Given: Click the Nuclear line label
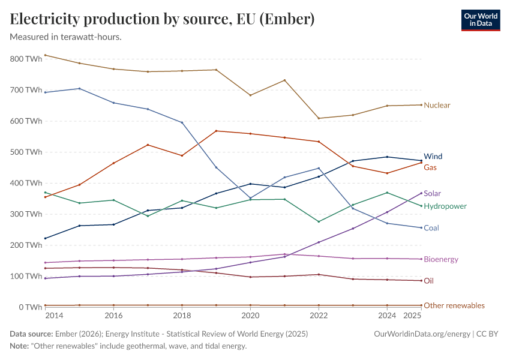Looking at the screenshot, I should pos(437,105).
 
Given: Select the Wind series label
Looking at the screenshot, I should pos(433,157).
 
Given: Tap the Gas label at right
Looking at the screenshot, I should pos(430,167).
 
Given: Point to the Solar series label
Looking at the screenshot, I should pos(433,194).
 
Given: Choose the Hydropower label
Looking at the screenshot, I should pos(445,206).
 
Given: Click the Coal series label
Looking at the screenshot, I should pos(431,228).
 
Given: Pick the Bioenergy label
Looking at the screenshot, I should pos(441,259).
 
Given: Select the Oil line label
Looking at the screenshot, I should pos(428,281).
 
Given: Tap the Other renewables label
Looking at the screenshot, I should pos(454,305).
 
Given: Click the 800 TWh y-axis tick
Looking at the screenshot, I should pos(26,59).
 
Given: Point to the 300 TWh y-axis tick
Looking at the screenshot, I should pos(26,214).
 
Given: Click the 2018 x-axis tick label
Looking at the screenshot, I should pos(182,316).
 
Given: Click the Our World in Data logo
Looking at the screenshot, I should pos(480,19).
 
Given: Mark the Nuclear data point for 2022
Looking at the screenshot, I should pos(319,118).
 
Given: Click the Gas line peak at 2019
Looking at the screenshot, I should pos(216,131).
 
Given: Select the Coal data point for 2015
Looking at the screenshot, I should pos(80,88).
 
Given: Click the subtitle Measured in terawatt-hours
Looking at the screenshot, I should pos(66,37).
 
